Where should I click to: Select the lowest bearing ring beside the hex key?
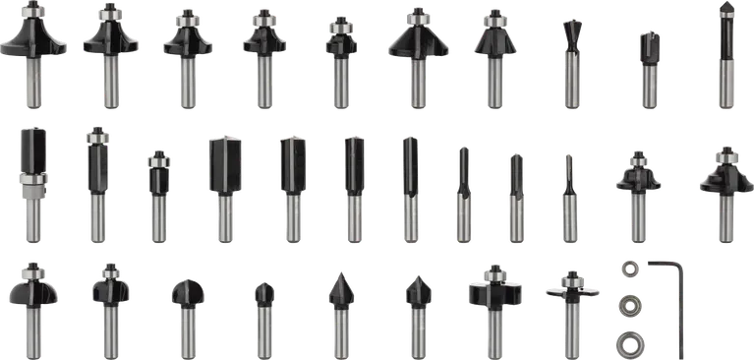coord(627,343)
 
